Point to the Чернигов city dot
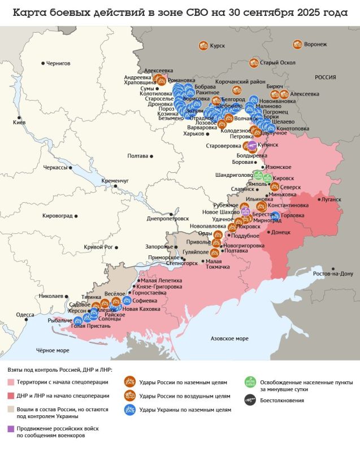click(x=43, y=63)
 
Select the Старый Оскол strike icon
click(x=254, y=63)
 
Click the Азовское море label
click(x=229, y=338)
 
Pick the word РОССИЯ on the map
click(x=325, y=77)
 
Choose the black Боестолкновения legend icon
click(x=249, y=400)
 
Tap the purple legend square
click(x=11, y=429)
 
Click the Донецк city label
click(x=281, y=232)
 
